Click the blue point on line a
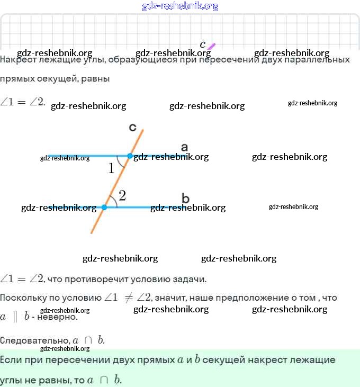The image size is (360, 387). point(130,156)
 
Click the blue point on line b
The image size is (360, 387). point(104,207)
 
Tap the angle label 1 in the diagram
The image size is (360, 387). point(111,169)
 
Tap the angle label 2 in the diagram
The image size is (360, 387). point(122,196)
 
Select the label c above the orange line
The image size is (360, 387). point(133,127)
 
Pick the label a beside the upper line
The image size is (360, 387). point(184,146)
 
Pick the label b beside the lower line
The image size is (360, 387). point(185,199)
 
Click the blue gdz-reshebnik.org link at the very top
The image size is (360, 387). point(180,6)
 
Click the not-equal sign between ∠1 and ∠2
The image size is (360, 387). point(128,298)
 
